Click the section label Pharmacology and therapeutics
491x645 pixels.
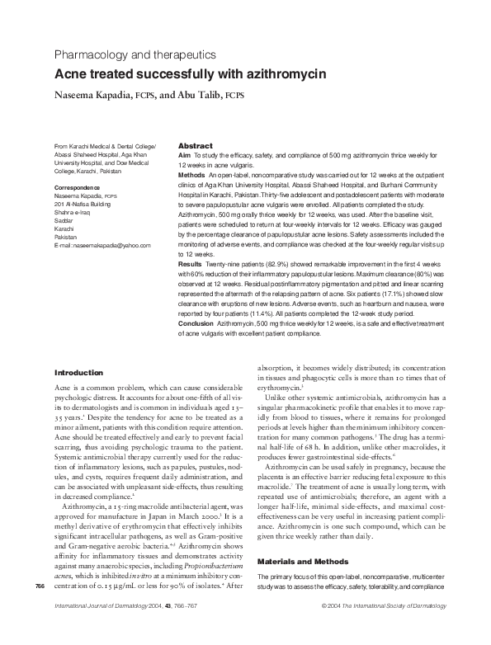click(134, 54)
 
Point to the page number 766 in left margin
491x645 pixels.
click(40, 586)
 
